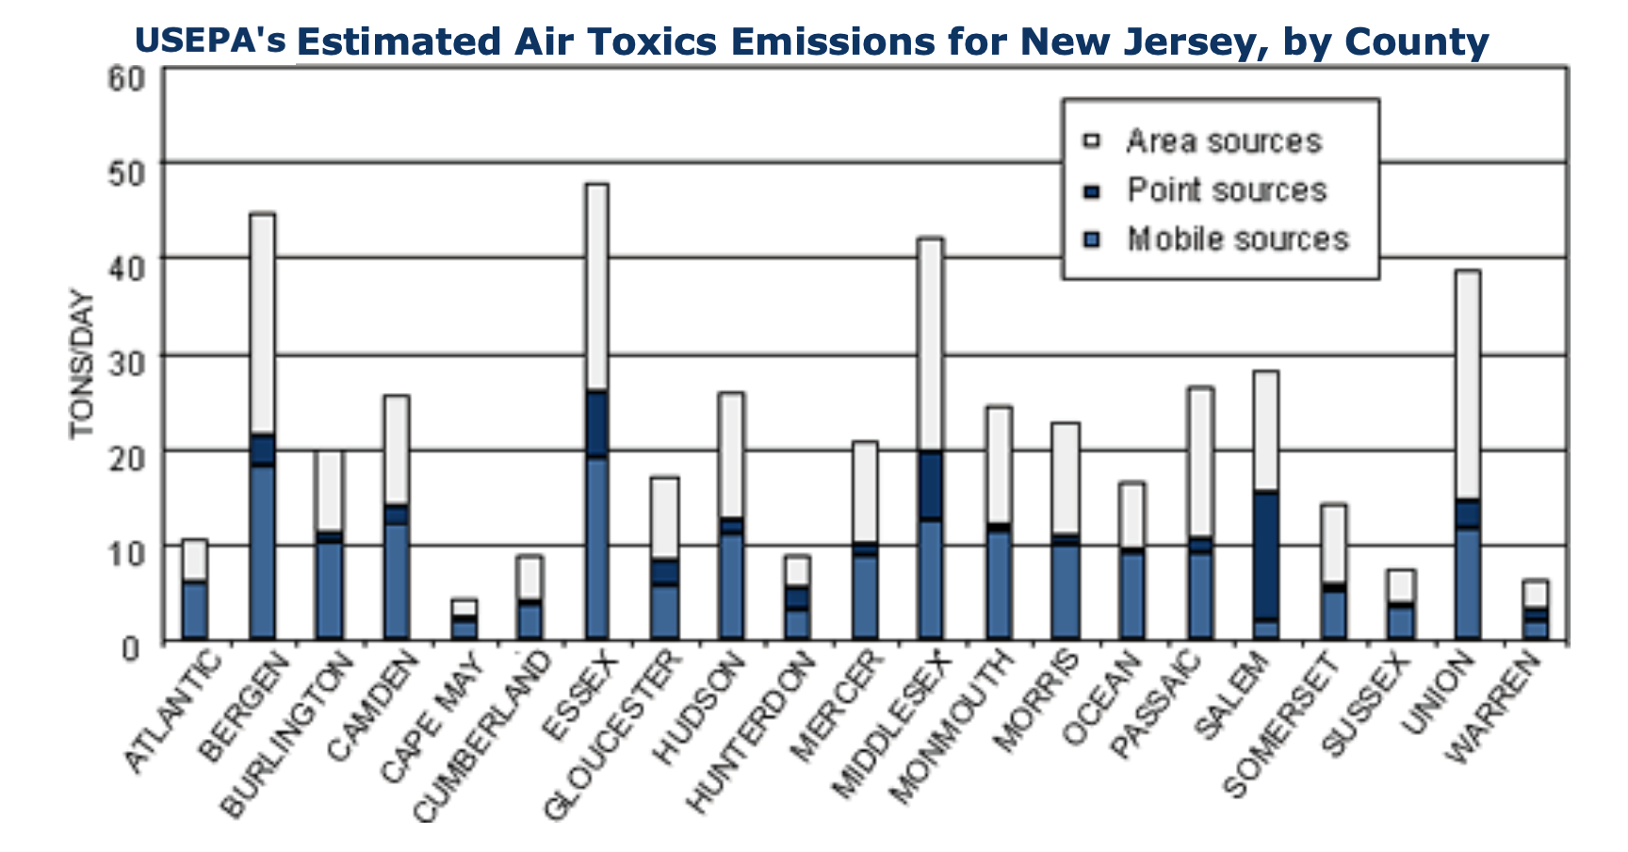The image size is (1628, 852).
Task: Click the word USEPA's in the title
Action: coord(209,41)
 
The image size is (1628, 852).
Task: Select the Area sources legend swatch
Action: coord(1093,142)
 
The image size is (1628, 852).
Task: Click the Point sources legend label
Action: coord(1227,190)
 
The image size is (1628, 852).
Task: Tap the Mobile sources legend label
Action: coord(1238,239)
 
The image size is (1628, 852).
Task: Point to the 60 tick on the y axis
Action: coord(127,77)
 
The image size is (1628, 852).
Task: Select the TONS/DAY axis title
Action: coord(83,365)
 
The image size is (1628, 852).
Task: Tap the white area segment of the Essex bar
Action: coord(596,287)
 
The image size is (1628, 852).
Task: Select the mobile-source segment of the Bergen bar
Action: coord(262,551)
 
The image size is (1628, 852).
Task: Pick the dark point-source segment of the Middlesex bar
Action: coord(930,485)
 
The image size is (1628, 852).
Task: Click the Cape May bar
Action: coord(464,620)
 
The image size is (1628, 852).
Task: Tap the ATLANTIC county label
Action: coord(174,712)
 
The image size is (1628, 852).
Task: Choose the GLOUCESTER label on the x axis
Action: coord(612,735)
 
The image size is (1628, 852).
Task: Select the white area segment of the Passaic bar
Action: coord(1200,462)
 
